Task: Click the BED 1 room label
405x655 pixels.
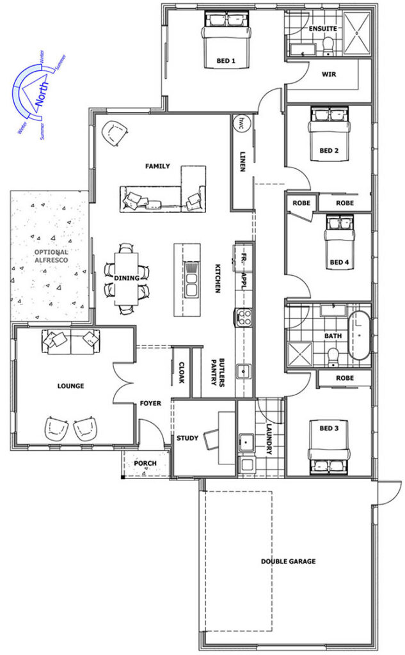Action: point(226,61)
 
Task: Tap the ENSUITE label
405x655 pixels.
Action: point(322,28)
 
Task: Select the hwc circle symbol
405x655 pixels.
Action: point(241,123)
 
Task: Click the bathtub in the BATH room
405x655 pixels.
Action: point(359,336)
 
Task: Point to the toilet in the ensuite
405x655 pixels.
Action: point(328,46)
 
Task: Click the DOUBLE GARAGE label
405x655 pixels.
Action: point(289,561)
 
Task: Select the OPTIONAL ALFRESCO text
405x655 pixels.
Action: point(51,256)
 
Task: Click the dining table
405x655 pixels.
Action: point(126,278)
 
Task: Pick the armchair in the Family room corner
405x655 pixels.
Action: point(114,133)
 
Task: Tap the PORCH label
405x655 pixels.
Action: point(145,463)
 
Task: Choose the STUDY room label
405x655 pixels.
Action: point(187,438)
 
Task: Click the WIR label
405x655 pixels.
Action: point(329,74)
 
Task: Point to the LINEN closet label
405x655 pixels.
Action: point(242,161)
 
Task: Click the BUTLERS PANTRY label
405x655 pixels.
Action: point(218,372)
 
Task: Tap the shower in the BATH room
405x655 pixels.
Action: point(299,354)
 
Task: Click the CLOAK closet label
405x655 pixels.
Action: point(182,372)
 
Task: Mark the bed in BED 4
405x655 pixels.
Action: point(339,243)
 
